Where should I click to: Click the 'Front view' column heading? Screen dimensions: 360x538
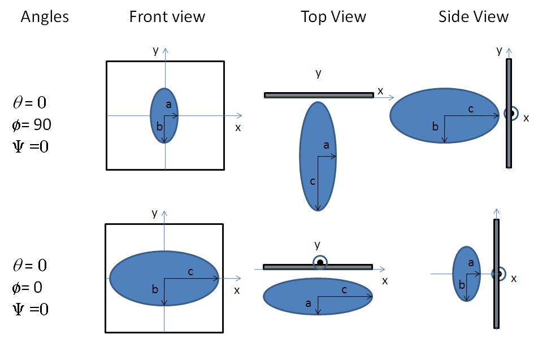click(167, 17)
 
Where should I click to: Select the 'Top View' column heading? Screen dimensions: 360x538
click(333, 17)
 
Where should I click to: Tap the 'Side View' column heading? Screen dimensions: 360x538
click(473, 17)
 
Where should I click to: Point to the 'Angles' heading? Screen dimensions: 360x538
click(45, 17)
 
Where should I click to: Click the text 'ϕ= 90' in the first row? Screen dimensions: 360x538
click(32, 124)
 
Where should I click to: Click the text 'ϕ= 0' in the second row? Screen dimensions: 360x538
click(28, 288)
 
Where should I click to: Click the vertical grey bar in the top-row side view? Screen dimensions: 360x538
click(509, 147)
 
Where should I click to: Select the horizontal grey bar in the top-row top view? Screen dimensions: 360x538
click(294, 95)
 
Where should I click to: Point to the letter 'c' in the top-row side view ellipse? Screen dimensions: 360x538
click(471, 109)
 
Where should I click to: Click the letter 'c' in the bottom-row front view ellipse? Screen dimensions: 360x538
click(190, 271)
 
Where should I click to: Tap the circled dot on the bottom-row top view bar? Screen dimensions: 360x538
click(320, 263)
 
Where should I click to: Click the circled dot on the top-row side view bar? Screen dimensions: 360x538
click(511, 114)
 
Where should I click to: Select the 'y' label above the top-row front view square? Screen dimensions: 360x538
click(155, 50)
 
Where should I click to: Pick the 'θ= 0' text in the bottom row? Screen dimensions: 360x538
click(29, 265)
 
